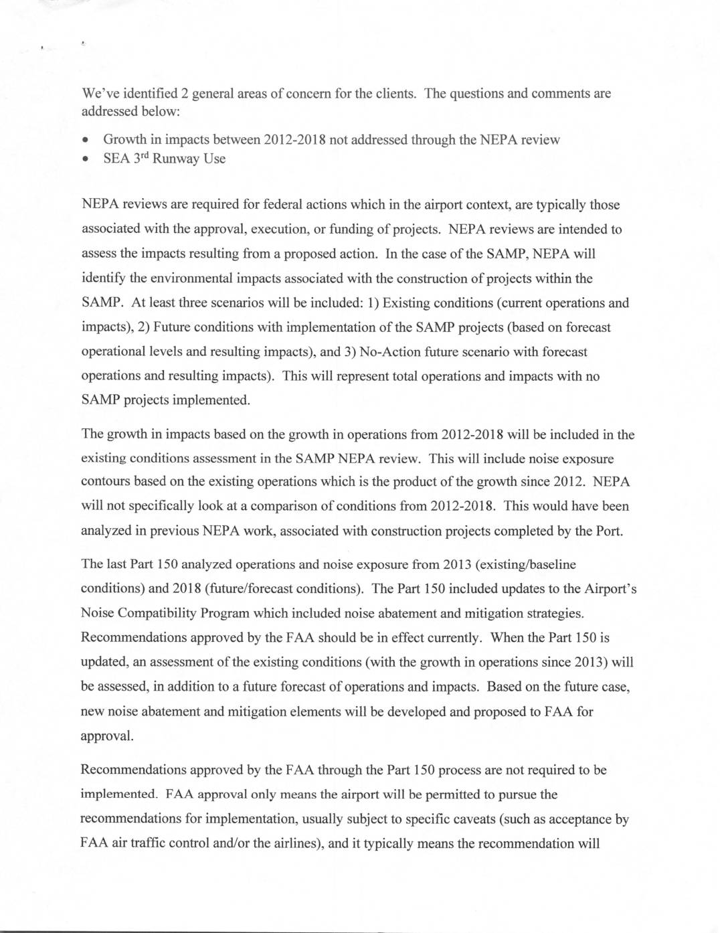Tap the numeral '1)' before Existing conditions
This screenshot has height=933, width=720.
tap(374, 303)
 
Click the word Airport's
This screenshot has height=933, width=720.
tap(610, 589)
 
